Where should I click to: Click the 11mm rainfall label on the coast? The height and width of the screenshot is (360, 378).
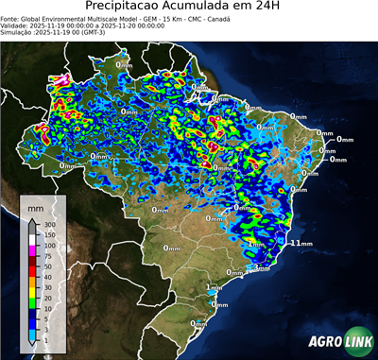[301, 243]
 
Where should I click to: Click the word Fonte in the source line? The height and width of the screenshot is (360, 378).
[12, 17]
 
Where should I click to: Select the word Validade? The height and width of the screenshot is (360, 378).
[16, 25]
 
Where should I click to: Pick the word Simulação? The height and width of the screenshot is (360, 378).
[18, 32]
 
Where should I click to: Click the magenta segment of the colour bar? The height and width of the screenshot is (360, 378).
[32, 250]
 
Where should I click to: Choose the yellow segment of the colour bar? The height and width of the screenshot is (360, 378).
[32, 292]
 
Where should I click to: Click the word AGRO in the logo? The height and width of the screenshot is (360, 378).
[323, 342]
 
